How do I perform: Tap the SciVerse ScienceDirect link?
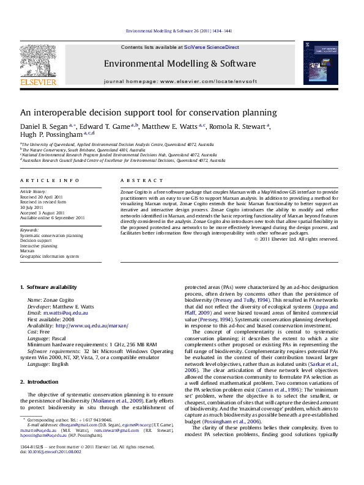pyautogui.click(x=208, y=47)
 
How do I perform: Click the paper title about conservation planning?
pyautogui.click(x=149, y=113)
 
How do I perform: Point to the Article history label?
pyautogui.click(x=32, y=191)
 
